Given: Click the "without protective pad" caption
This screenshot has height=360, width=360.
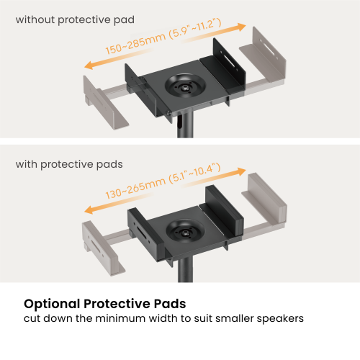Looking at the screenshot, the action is coord(75,19).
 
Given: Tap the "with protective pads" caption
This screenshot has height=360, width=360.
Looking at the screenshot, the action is coord(69,165).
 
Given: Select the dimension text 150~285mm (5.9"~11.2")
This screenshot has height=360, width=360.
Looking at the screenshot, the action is coord(163,36).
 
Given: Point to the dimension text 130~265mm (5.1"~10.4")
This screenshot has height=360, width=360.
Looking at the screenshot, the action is coord(163,181).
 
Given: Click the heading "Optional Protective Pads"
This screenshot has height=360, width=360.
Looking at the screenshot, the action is coord(105,304).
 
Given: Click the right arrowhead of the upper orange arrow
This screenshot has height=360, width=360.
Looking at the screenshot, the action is coord(240,27).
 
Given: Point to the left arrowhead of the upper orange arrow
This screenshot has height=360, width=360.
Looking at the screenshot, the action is coord(89,65).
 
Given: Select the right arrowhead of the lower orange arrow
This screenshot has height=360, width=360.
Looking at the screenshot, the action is coord(240,171).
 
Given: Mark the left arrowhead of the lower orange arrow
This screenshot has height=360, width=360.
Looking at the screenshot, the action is coord(89,210).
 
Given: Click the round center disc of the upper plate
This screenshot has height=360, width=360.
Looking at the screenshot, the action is coord(185,86).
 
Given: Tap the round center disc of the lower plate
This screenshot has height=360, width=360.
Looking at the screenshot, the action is coord(185,231).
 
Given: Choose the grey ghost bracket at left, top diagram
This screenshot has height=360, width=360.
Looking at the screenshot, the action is coord(103,103).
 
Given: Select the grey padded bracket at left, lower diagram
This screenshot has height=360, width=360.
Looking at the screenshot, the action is coord(102,248).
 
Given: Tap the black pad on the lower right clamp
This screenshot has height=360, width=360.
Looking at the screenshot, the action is coord(225,210).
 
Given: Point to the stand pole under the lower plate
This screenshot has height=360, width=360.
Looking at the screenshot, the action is coord(185,270).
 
